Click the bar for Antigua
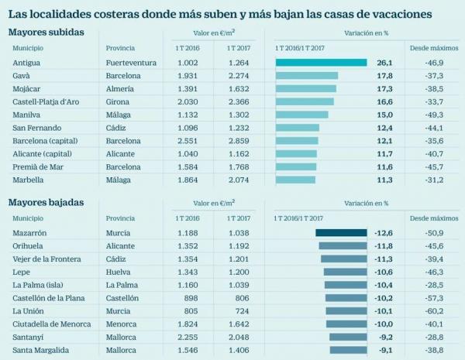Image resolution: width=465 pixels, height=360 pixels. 321,63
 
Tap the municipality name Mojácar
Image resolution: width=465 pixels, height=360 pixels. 28,89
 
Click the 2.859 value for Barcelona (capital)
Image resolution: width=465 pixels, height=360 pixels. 238,141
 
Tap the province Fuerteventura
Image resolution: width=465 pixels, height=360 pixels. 130,63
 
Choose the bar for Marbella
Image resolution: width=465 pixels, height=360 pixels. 295,180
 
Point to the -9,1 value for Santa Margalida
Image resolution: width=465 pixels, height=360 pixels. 383,349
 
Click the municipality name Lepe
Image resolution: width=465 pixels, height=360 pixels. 22,272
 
